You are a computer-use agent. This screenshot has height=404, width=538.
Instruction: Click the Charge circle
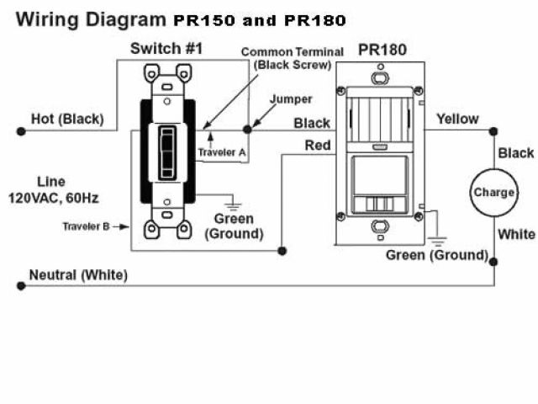(x=493, y=192)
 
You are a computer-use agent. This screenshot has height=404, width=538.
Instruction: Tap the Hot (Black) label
(x=67, y=120)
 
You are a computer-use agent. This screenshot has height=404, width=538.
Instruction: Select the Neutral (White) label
(x=78, y=275)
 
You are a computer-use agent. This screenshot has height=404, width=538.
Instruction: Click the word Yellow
(x=457, y=120)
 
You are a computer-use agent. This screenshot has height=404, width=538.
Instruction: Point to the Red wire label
(x=318, y=145)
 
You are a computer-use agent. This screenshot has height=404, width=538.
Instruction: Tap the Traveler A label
(x=222, y=152)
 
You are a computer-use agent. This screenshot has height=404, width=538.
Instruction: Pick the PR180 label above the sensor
(x=382, y=50)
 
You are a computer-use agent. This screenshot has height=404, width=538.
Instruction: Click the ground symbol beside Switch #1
(x=231, y=199)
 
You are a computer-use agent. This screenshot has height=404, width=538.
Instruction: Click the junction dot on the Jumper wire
(x=247, y=129)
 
